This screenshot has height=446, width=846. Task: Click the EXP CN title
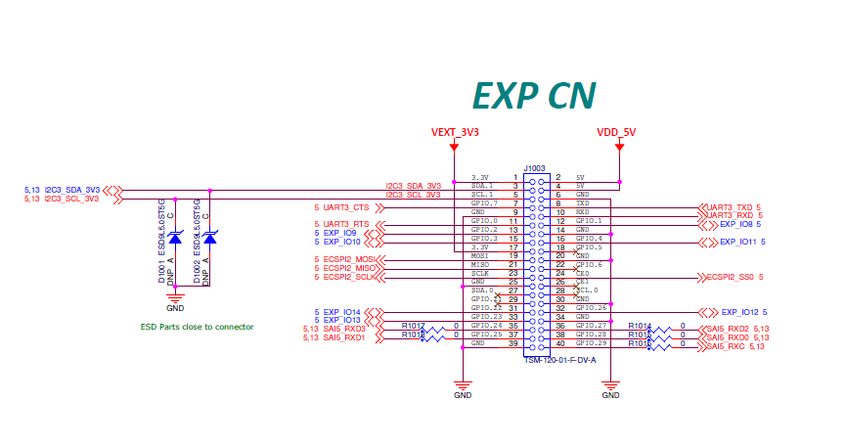533,94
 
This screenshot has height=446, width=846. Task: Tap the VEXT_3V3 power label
455,131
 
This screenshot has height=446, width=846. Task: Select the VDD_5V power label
618,131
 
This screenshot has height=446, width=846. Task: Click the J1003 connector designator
535,167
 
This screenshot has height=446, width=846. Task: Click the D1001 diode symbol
175,238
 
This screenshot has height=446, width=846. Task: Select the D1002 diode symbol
209,238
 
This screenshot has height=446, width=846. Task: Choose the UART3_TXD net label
733,207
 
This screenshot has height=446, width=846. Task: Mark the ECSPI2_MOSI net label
348,259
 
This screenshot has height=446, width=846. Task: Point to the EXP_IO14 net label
341,312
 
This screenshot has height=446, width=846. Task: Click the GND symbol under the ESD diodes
175,305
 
